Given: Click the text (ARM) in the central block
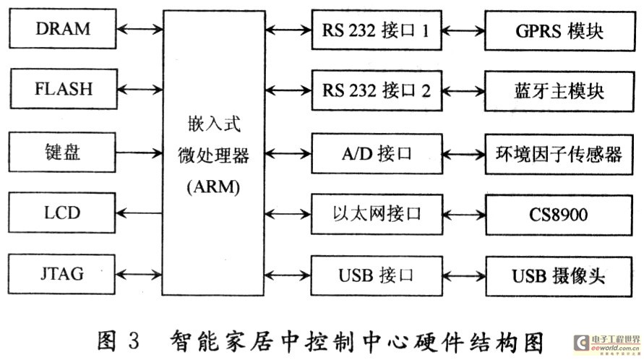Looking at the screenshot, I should pyautogui.click(x=214, y=187).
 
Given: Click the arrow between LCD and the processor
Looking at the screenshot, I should pyautogui.click(x=139, y=213).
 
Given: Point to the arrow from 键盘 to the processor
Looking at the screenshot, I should pyautogui.click(x=139, y=152).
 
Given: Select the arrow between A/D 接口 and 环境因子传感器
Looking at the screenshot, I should pyautogui.click(x=464, y=153).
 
